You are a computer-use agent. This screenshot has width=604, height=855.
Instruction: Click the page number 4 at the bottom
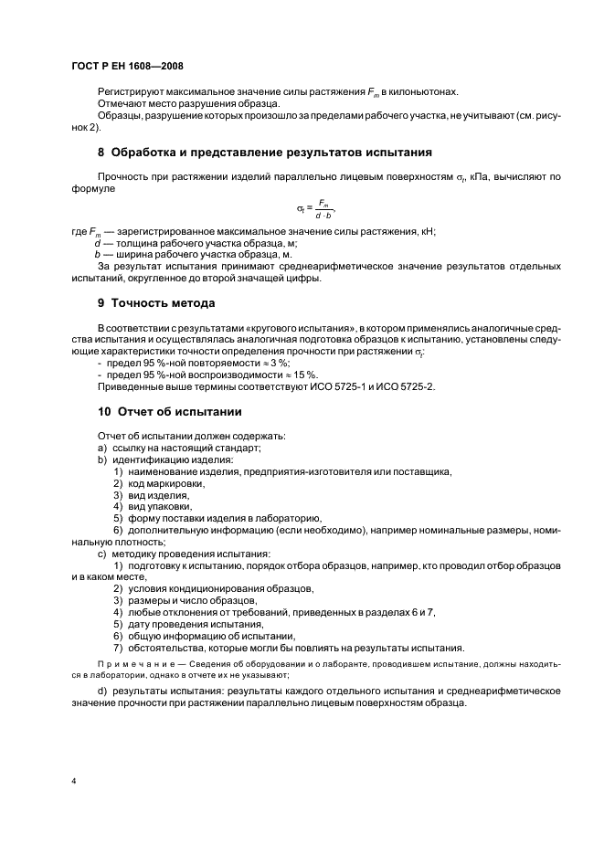(73, 782)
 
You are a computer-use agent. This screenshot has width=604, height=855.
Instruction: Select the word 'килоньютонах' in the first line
(427, 92)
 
